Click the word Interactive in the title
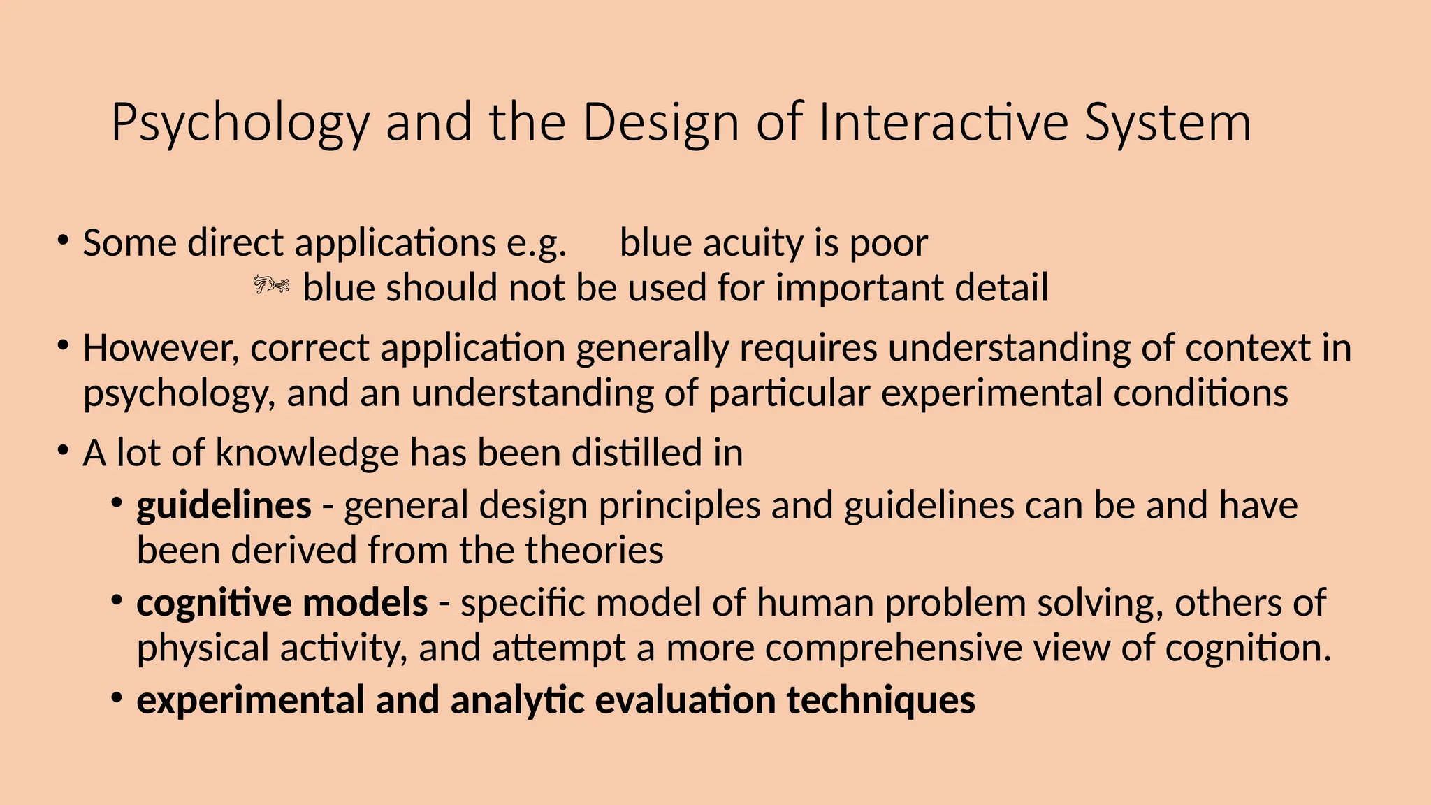[x=943, y=122]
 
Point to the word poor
[x=889, y=245]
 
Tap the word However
[x=161, y=348]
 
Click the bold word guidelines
[x=224, y=505]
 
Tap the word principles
[x=679, y=507]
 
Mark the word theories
[x=594, y=550]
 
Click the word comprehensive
[x=894, y=648]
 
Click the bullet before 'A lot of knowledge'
[x=64, y=451]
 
